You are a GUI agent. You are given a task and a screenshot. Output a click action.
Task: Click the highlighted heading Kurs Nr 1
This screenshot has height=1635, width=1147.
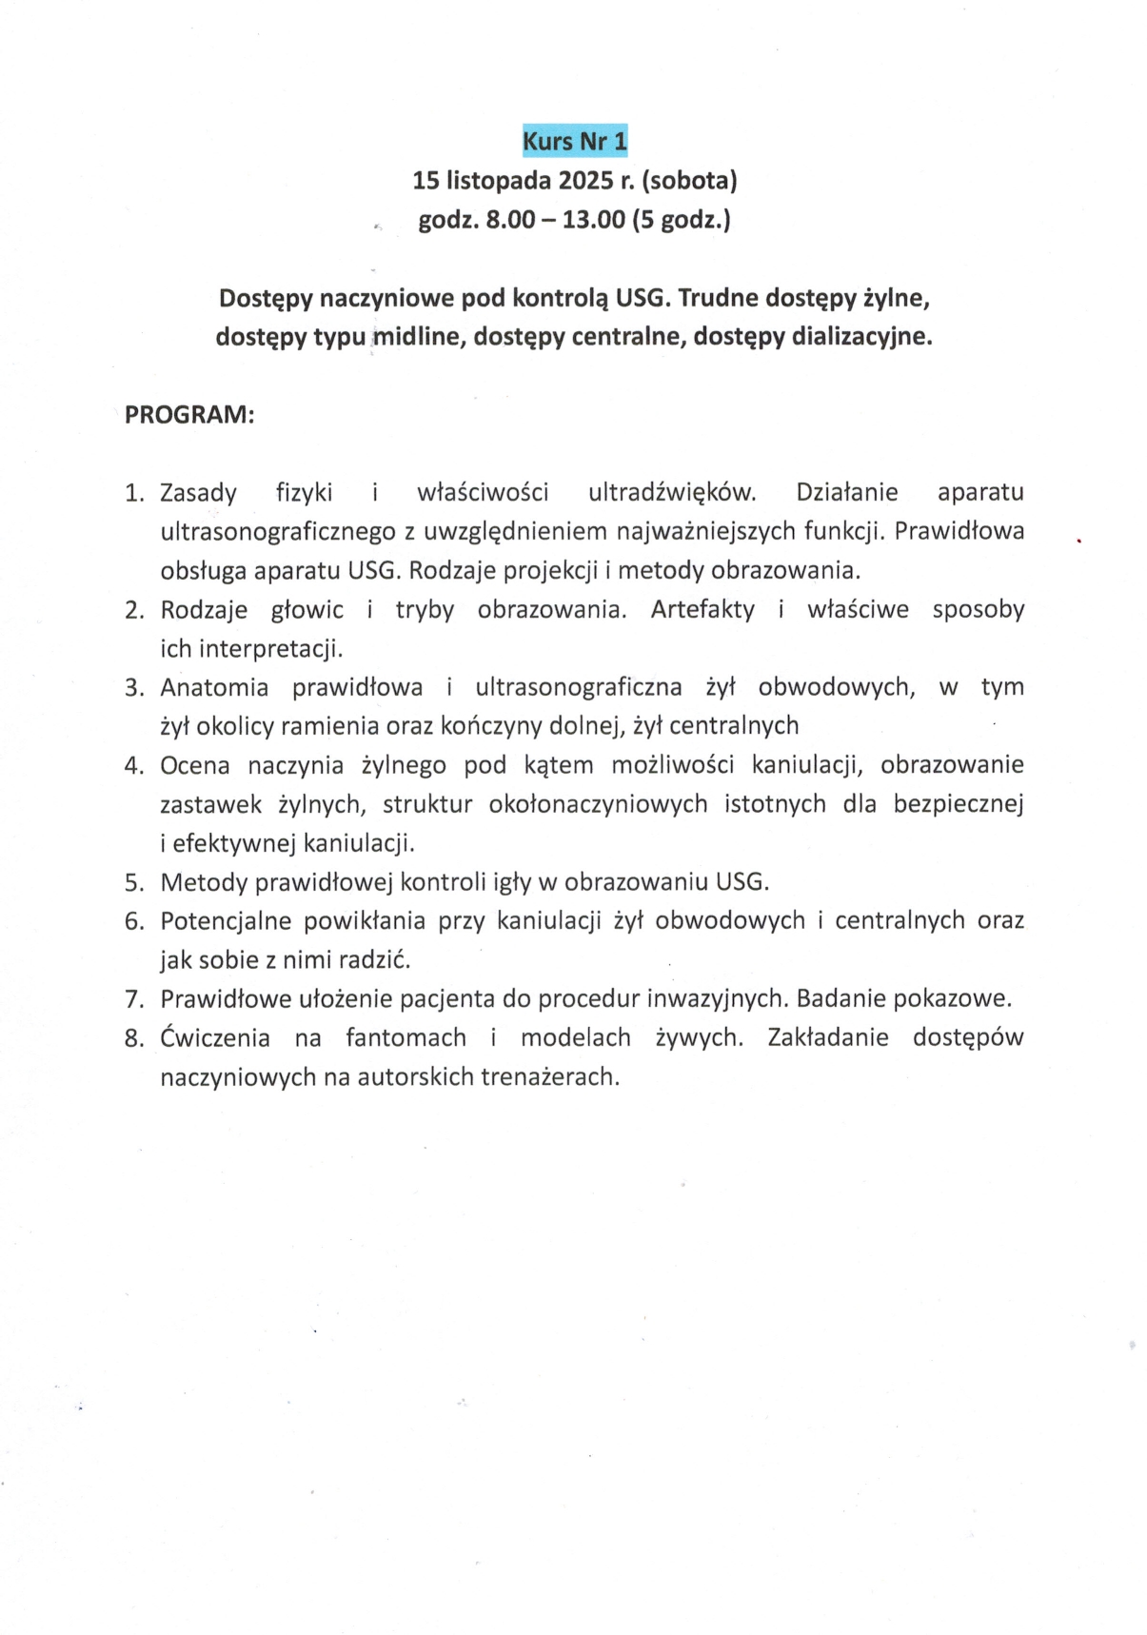[x=574, y=142]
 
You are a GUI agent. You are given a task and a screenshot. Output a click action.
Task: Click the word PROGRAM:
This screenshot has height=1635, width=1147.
[x=189, y=415]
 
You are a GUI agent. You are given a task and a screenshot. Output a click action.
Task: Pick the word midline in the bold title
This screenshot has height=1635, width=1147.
[x=417, y=337]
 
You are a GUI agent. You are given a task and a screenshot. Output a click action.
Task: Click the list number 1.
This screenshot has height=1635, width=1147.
[x=133, y=493]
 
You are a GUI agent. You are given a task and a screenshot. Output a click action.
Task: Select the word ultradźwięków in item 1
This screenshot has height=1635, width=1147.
[x=672, y=493]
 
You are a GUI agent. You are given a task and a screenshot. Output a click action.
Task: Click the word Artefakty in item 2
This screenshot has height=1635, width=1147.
[x=702, y=610]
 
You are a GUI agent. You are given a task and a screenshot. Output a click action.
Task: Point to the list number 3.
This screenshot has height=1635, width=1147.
[x=133, y=688]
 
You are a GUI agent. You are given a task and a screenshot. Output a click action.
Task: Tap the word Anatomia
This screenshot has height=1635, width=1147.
[x=214, y=687]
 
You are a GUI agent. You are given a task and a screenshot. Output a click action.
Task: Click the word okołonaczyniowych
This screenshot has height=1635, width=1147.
[x=598, y=804]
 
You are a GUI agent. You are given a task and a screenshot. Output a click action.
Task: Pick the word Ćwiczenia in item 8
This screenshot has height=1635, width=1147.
[x=215, y=1037]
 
